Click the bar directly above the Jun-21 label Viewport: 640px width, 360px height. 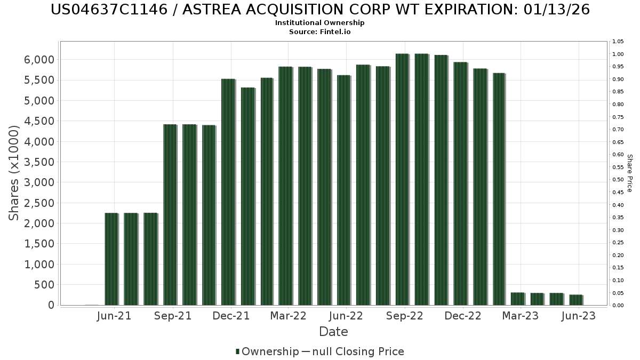pos(111,259)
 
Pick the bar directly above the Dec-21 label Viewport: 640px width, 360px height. pos(228,192)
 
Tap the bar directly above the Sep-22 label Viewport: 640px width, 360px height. pos(403,179)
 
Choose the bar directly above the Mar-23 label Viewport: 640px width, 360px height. pos(518,299)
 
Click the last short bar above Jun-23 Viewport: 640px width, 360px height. pos(576,300)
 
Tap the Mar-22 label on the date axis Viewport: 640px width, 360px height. pos(289,316)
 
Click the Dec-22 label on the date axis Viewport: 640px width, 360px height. pos(463,316)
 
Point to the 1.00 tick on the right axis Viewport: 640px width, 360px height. pos(618,54)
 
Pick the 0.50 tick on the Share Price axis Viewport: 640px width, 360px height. pos(618,180)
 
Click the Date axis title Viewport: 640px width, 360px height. pos(333,332)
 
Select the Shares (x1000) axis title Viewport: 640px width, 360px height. pos(14,173)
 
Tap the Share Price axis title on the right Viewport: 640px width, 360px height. pos(629,173)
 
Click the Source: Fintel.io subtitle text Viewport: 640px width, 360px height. pos(319,31)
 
